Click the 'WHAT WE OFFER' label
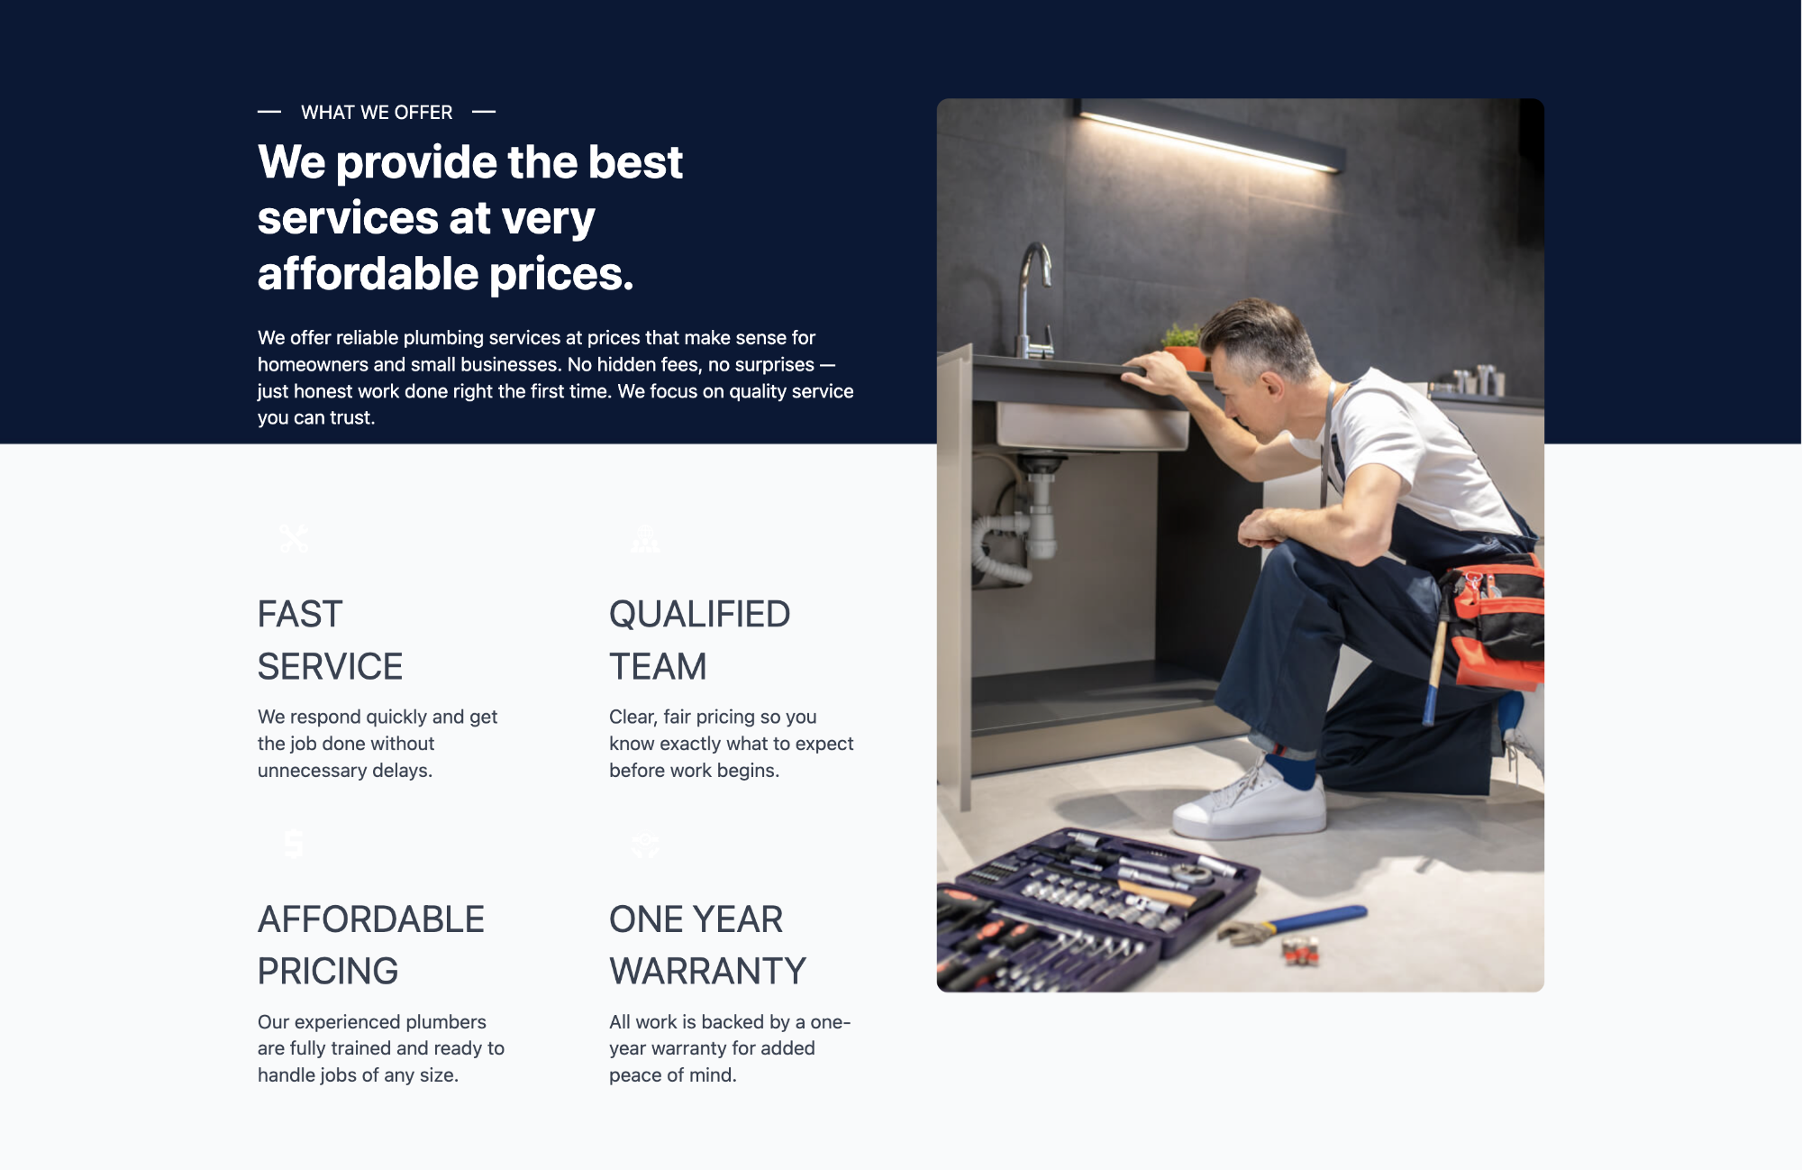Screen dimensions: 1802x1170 (377, 113)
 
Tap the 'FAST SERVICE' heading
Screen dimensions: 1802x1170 (330, 640)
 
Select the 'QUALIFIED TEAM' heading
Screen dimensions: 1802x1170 (699, 640)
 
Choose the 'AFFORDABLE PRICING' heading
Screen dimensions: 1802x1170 (371, 945)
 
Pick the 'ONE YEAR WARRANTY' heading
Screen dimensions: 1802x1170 (707, 945)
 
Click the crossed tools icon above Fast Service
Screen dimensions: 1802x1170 (294, 539)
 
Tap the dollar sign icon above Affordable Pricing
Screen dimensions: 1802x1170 (294, 844)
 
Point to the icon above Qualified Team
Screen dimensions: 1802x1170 (645, 539)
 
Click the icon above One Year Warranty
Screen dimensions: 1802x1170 (645, 844)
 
